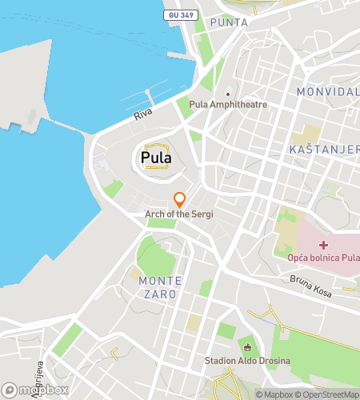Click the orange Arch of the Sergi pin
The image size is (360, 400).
coord(180,199)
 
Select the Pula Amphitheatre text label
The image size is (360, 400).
coord(228,105)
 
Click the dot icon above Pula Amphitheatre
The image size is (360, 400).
coord(228,92)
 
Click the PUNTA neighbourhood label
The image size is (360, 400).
coord(229,23)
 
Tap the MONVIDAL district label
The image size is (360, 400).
coord(327,92)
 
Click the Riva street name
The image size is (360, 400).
coord(143,114)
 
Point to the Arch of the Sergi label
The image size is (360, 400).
coord(179,214)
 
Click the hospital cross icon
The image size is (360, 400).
coord(324,244)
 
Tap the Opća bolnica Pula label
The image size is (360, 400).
coord(323,258)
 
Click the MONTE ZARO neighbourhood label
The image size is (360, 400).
coord(160,287)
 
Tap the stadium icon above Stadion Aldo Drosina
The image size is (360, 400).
coord(247,347)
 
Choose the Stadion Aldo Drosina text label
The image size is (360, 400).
coord(247,361)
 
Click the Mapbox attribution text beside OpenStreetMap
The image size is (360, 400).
coord(274,394)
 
